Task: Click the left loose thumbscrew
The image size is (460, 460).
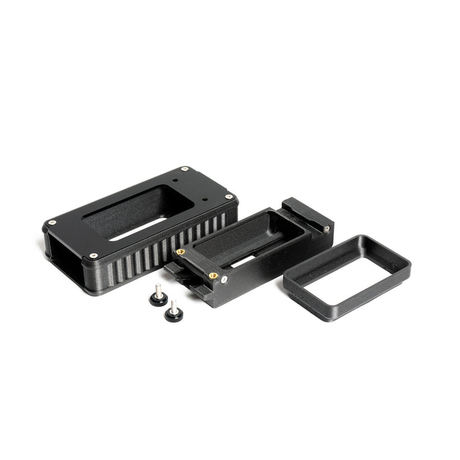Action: click(157, 297)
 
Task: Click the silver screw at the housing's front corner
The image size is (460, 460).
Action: click(93, 256)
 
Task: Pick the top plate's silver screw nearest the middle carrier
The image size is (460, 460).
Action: click(228, 196)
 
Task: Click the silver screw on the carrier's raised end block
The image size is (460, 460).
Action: click(326, 229)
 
